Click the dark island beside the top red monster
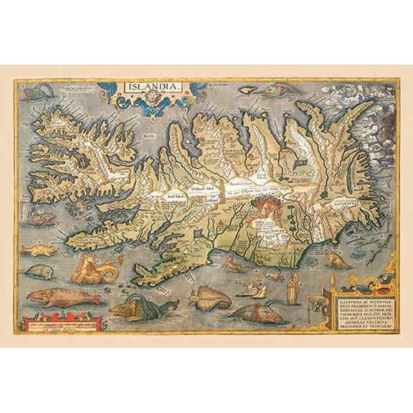(x=254, y=90)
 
